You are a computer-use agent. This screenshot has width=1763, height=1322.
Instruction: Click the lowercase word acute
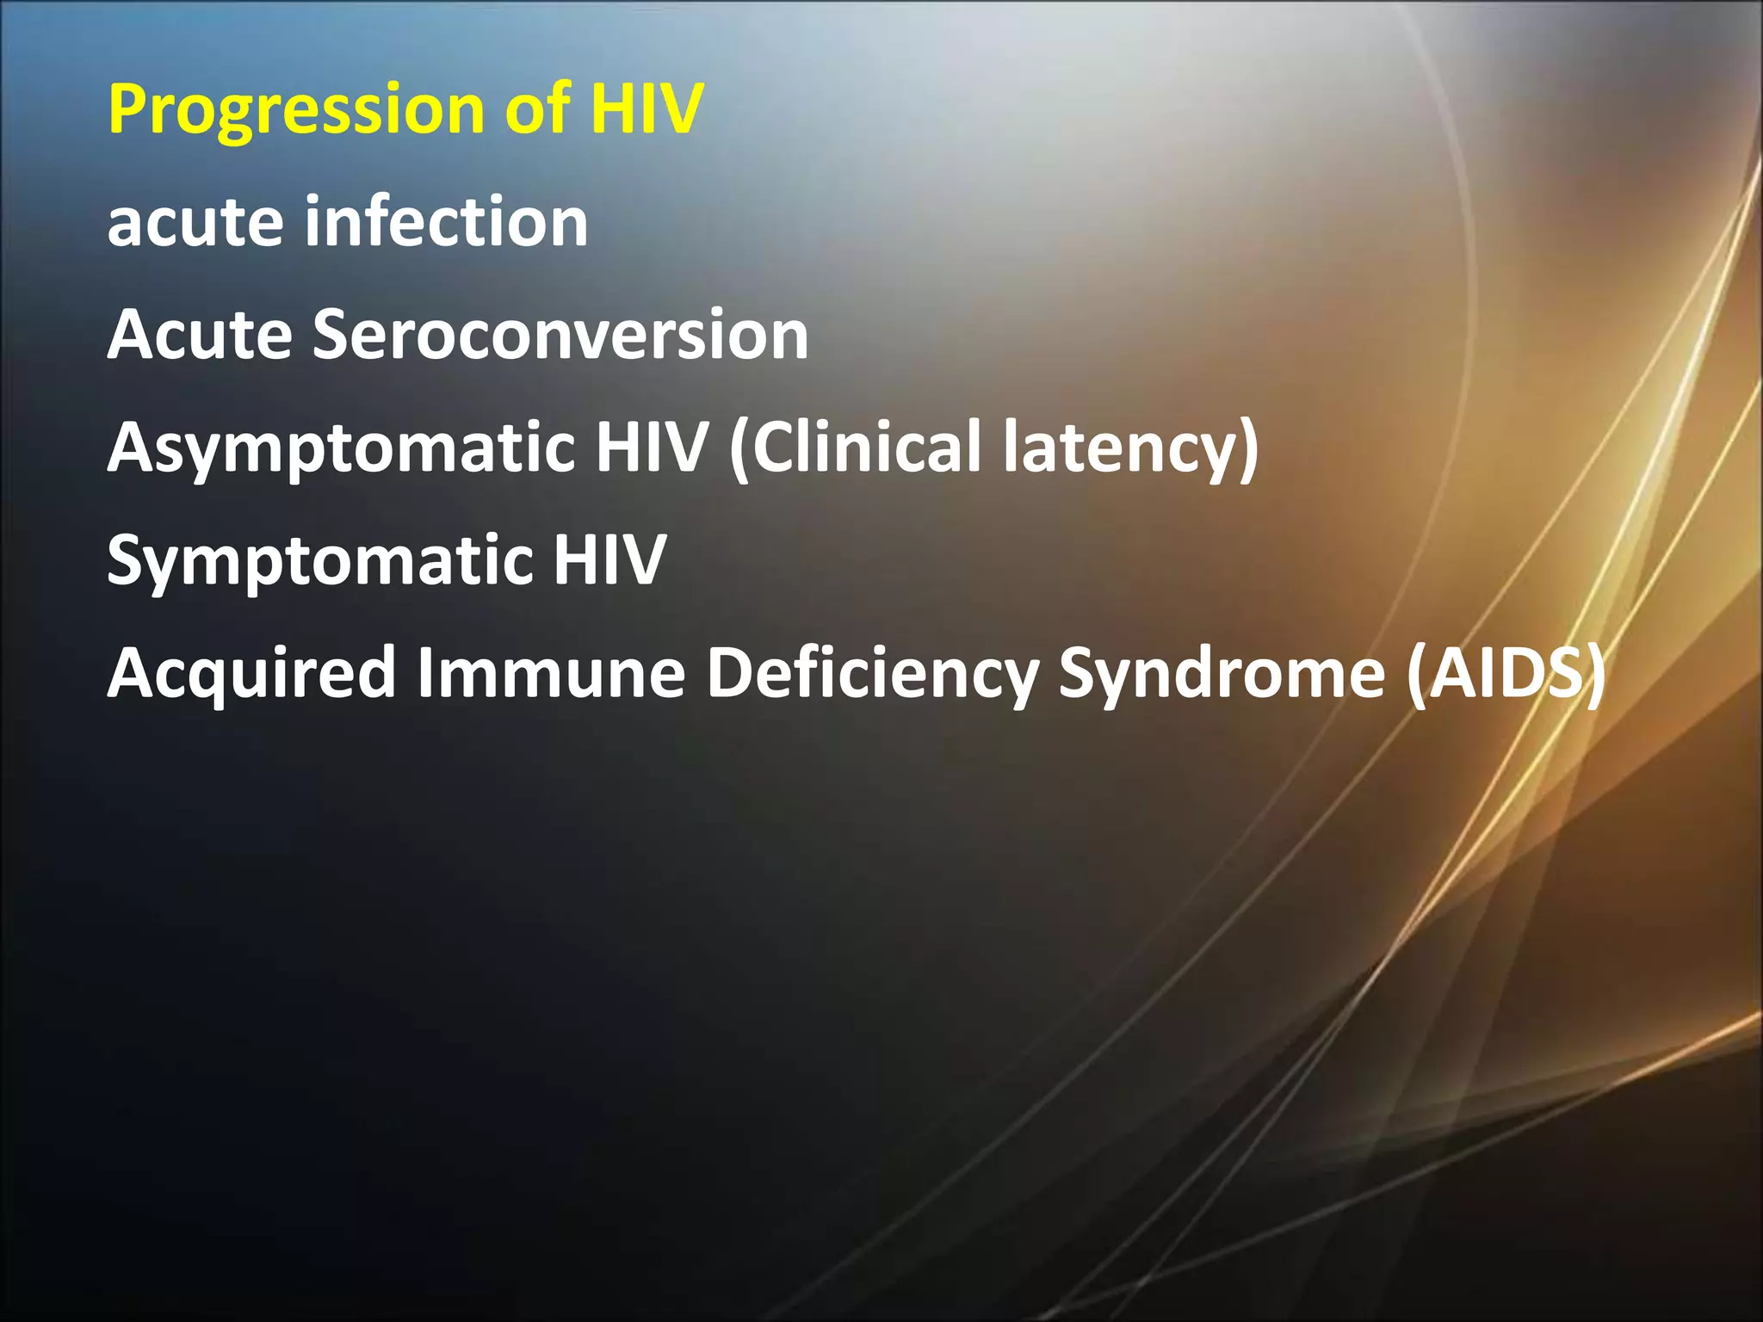click(194, 222)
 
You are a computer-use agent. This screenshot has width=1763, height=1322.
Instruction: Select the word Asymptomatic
click(341, 448)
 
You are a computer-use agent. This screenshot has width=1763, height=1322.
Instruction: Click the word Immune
click(551, 672)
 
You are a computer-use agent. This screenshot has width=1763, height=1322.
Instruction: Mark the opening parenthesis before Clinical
click(739, 448)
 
